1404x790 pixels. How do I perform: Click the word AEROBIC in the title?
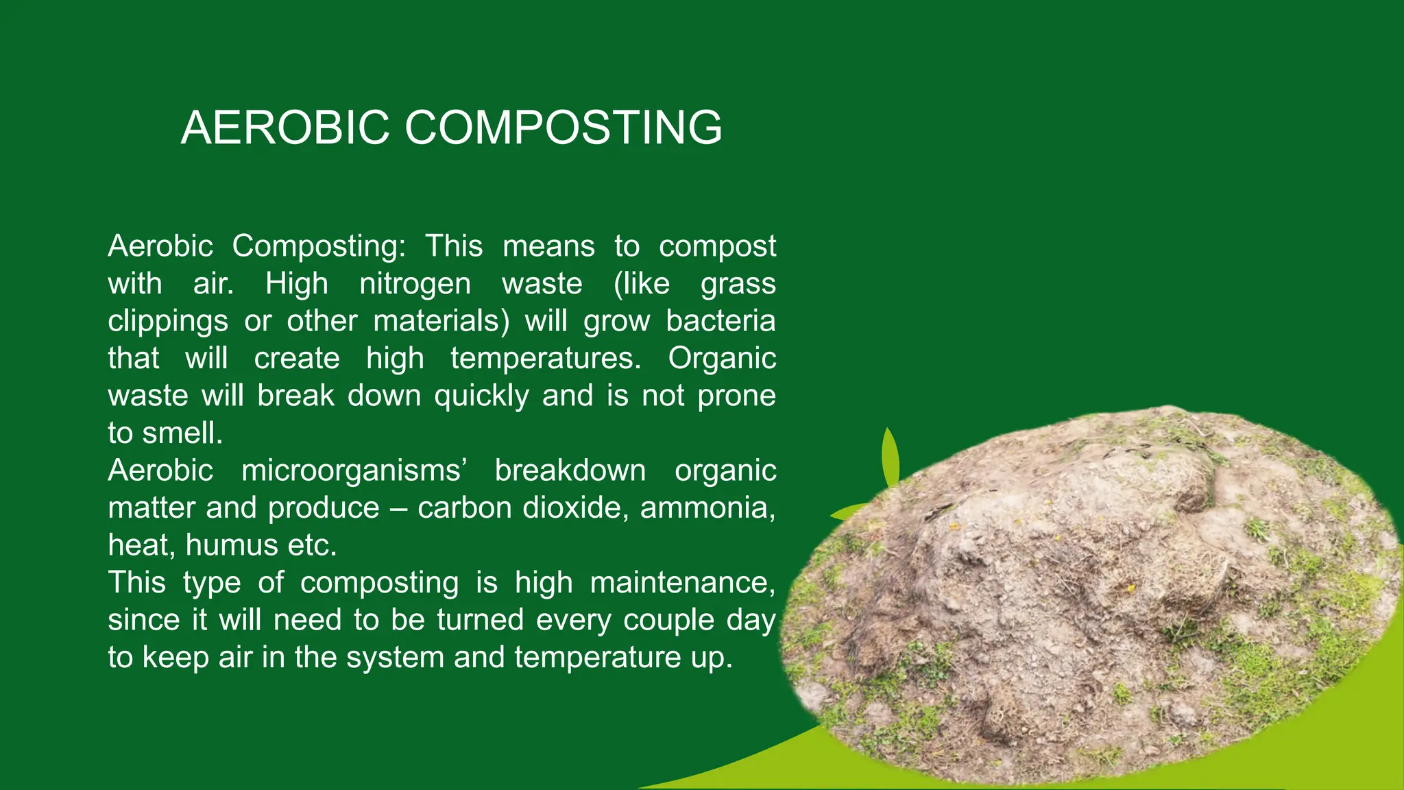pyautogui.click(x=285, y=128)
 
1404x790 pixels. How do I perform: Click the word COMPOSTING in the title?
pyautogui.click(x=564, y=128)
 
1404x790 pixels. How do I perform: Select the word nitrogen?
pyautogui.click(x=415, y=284)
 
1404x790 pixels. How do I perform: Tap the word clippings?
pyautogui.click(x=168, y=322)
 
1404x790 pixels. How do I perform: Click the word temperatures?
pyautogui.click(x=546, y=359)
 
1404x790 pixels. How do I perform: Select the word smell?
pyautogui.click(x=182, y=433)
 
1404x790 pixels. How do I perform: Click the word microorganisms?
pyautogui.click(x=351, y=471)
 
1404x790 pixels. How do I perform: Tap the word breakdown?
pyautogui.click(x=570, y=471)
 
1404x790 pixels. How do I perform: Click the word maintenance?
pyautogui.click(x=682, y=583)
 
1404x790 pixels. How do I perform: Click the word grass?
pyautogui.click(x=738, y=284)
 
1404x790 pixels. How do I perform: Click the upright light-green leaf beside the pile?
pyautogui.click(x=890, y=456)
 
